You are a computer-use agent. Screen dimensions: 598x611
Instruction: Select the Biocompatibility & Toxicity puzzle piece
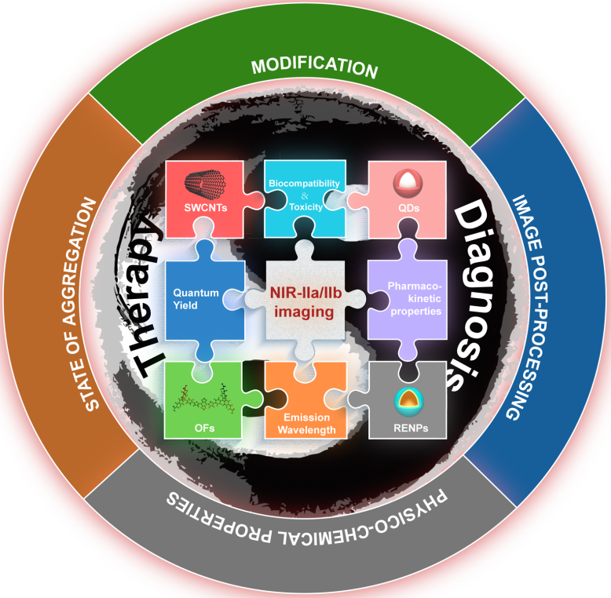click(305, 190)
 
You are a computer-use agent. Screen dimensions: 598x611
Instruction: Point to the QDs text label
click(407, 210)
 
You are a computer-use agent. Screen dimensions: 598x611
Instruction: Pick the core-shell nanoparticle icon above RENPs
click(407, 400)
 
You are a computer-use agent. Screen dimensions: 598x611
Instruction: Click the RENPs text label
click(407, 428)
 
